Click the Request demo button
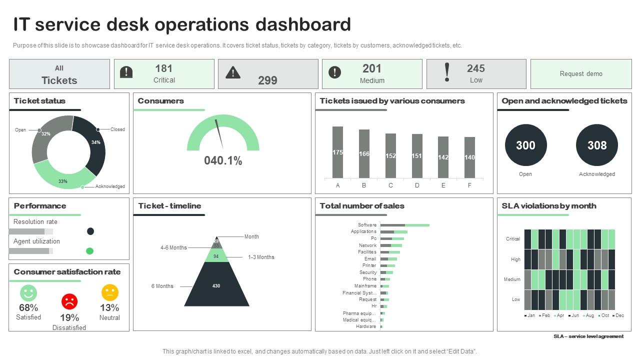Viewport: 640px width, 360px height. [580, 74]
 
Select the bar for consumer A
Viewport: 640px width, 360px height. [337, 152]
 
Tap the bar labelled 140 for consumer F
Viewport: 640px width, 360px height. [469, 157]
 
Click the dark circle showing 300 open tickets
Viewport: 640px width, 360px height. [525, 145]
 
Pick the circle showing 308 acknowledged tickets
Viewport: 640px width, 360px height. [596, 145]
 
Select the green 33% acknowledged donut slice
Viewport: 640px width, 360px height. [63, 177]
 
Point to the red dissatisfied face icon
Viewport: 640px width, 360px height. [69, 301]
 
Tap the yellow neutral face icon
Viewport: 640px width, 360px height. [109, 292]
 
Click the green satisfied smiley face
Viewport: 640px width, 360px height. [28, 292]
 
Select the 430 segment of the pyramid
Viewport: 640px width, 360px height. [216, 285]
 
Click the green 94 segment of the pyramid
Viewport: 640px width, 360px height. [216, 256]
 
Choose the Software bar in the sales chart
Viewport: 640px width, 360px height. [404, 225]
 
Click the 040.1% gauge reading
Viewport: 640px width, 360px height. [223, 160]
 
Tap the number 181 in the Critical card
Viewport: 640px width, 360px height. [164, 68]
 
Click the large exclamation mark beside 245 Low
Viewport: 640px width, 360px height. [447, 73]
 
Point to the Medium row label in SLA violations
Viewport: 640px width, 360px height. [512, 279]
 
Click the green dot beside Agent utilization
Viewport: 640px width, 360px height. [90, 251]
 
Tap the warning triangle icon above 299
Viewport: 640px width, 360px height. [233, 73]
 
